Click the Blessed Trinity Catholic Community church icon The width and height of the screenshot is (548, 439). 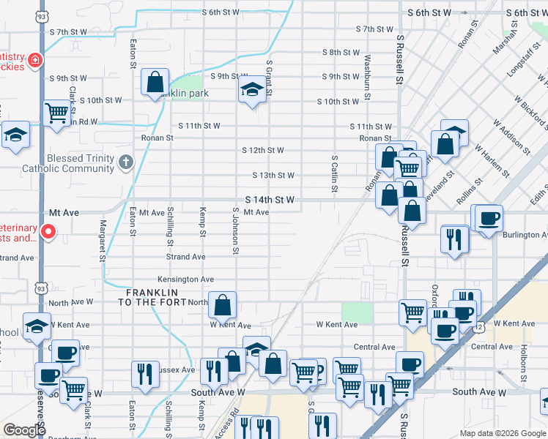pos(126,162)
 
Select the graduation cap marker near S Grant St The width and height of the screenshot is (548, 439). pos(252,91)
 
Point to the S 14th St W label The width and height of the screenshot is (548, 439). pos(270,200)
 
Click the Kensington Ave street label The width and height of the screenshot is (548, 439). pos(186,279)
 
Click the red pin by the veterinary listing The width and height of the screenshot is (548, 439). pos(48,232)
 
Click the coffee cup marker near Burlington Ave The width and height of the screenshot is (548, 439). pos(489,217)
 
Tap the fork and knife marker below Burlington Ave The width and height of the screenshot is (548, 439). pos(454,239)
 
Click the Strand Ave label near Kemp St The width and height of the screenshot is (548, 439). pos(186,258)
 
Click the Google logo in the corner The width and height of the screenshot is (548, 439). pos(24,430)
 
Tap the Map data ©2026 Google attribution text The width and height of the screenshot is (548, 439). pos(503,433)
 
